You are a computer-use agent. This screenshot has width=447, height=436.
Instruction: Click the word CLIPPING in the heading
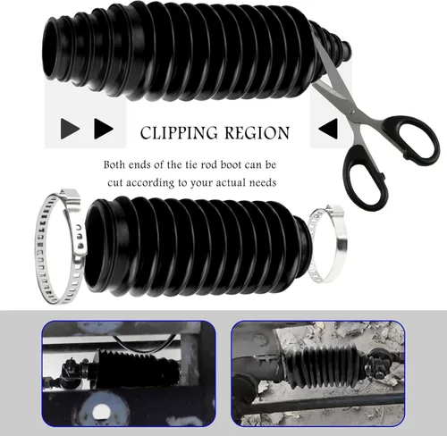[179, 133]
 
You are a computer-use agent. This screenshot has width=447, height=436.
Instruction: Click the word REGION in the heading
[257, 133]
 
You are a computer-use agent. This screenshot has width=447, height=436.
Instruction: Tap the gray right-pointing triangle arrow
[70, 129]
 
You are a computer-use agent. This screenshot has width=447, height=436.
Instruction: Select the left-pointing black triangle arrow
[328, 129]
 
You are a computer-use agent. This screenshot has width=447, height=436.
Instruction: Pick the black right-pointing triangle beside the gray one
[104, 129]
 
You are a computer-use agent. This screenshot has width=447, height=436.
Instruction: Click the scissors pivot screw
[352, 111]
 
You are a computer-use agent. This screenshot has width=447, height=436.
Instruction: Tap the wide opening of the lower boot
[96, 247]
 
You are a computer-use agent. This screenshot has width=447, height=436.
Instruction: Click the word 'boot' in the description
[231, 164]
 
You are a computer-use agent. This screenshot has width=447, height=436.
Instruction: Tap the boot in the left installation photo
[138, 369]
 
